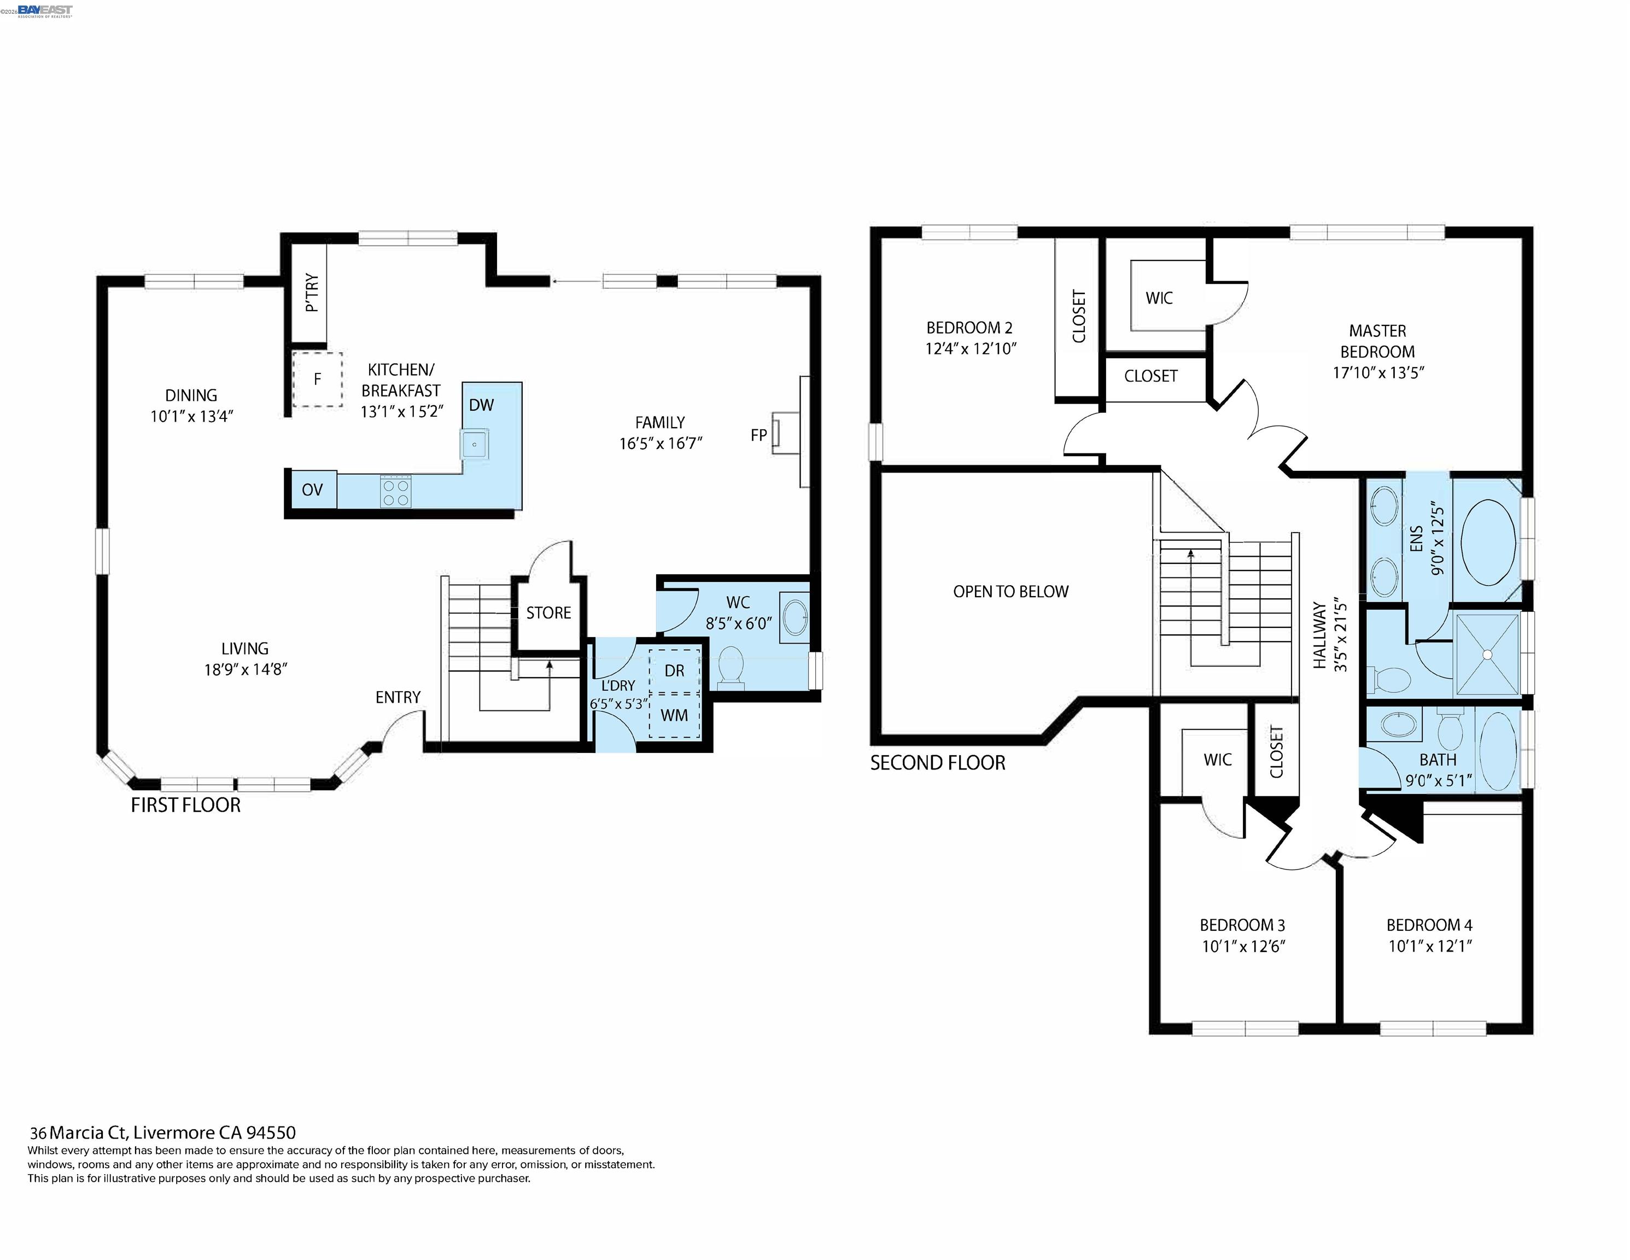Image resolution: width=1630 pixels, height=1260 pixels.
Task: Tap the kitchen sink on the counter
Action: coord(474,444)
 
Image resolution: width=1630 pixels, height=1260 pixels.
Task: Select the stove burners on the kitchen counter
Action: coord(395,491)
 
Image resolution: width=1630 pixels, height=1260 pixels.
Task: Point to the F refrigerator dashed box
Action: coord(317,379)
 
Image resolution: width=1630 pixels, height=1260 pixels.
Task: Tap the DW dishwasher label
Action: coord(481,405)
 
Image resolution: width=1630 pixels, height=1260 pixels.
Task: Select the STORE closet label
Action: coord(548,613)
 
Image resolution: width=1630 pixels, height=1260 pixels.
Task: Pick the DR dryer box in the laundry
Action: coord(675,670)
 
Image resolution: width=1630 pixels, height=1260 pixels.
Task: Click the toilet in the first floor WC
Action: coord(731,667)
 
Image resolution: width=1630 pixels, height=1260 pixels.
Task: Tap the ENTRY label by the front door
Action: coord(398,697)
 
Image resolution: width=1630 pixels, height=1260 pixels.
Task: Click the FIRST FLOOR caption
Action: coord(186,804)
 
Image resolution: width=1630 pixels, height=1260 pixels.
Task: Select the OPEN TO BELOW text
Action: coord(1010,592)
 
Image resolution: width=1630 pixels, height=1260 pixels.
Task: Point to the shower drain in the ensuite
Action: coord(1487,655)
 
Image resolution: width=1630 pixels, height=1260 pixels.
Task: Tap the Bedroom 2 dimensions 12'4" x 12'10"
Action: coord(971,348)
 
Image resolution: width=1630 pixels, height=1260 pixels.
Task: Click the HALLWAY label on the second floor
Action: coord(1319,635)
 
